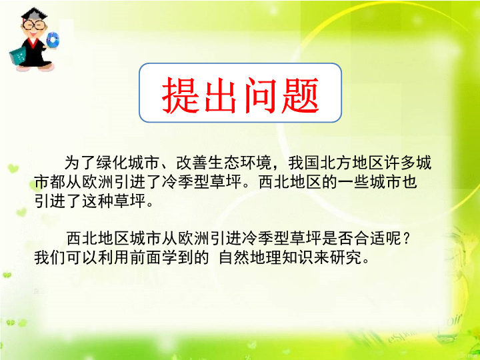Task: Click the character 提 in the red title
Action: [180, 95]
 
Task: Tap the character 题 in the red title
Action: [300, 95]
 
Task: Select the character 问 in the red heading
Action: [261, 95]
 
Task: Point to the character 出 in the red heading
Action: [221, 95]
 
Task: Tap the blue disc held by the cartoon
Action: [53, 40]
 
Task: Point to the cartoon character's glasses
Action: [34, 25]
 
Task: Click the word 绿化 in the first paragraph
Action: [112, 163]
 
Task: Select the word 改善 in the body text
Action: [192, 163]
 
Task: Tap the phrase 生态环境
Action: [240, 163]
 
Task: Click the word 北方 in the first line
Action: [336, 163]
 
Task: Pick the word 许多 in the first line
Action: [400, 163]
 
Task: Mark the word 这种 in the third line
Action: [97, 201]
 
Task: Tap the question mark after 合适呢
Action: [406, 238]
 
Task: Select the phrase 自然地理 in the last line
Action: [251, 257]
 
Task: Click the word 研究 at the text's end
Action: [346, 257]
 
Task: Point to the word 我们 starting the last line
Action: [50, 257]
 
